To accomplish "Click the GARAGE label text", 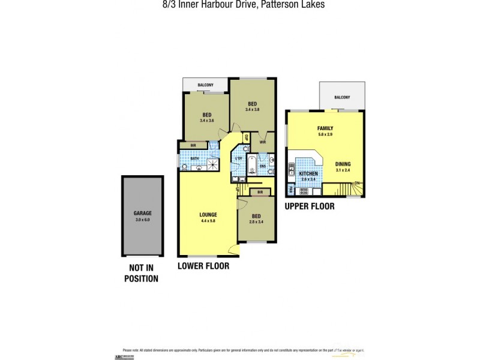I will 143,213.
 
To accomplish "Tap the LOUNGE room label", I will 208,215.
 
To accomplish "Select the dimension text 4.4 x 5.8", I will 208,221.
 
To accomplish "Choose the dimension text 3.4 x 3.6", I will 206,121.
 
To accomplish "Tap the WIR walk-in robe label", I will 263,142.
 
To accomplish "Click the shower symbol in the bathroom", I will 213,165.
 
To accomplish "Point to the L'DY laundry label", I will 239,158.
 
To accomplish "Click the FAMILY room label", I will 325,128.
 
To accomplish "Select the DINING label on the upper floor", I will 343,164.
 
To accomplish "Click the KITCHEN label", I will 309,173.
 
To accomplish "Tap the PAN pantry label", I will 290,190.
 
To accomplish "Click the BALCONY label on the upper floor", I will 342,97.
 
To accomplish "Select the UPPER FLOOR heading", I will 310,206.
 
